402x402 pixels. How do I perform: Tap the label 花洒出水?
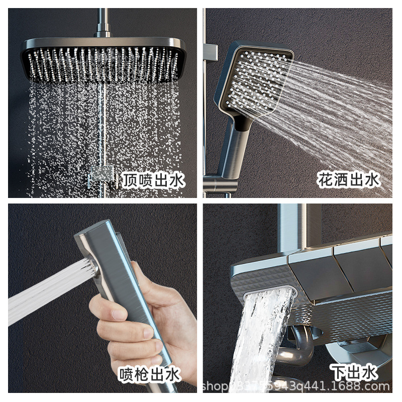pos(348,179)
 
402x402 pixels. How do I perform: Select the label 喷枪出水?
pos(149,374)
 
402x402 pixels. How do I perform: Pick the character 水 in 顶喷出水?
pos(177,179)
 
